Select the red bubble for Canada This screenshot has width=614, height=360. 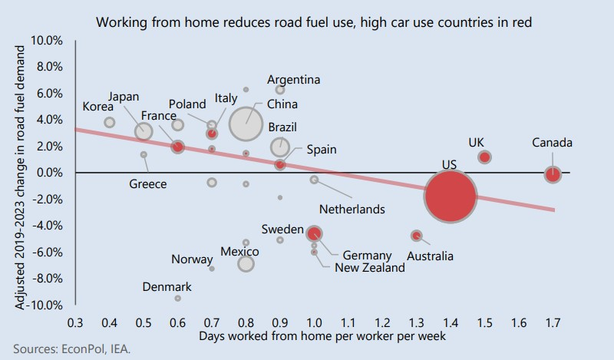point(552,174)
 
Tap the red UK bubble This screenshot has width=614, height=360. point(484,157)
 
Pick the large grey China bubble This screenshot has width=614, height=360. point(246,124)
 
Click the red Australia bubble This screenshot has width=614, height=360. point(416,236)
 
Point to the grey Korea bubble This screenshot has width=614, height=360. point(110,122)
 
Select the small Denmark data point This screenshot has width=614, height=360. point(177,298)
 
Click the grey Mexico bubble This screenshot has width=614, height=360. point(246,264)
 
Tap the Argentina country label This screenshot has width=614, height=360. point(293,79)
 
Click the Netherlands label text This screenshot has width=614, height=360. point(353,208)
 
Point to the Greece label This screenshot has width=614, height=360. point(149,184)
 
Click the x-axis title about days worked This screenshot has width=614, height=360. point(314,336)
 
